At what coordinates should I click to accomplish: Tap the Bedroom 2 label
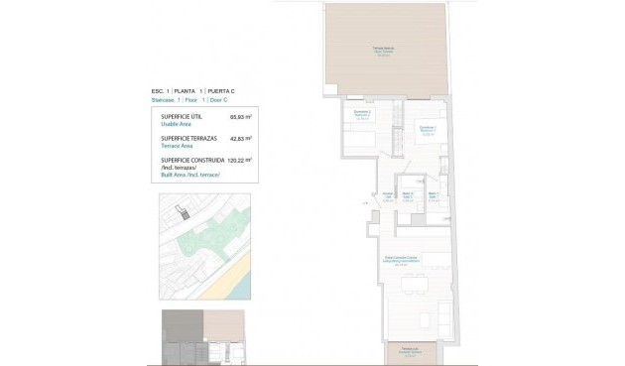tap(362, 115)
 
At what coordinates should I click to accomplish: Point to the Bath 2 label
tap(408, 196)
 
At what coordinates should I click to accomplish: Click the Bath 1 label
tap(433, 196)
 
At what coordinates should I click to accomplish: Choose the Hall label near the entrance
tap(388, 197)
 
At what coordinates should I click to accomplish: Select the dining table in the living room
tap(416, 288)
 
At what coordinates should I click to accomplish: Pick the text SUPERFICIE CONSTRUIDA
tap(194, 160)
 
